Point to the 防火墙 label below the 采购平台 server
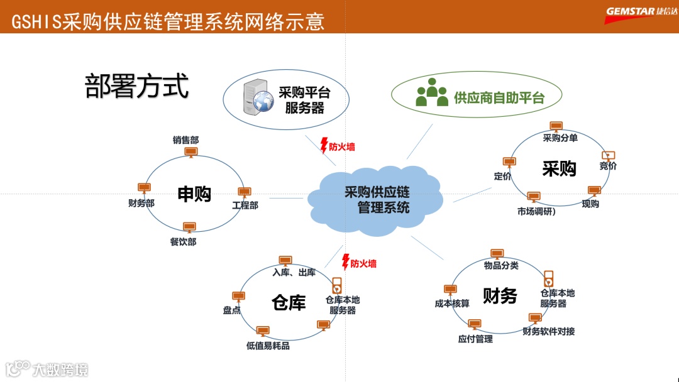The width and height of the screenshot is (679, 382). [342, 147]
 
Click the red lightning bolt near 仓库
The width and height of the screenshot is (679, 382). [345, 261]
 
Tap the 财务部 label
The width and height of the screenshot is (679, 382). [141, 203]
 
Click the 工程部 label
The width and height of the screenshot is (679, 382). [245, 205]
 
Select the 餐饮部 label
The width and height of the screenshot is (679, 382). [182, 242]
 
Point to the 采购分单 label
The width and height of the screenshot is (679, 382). [560, 138]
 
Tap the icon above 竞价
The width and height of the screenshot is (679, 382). [608, 156]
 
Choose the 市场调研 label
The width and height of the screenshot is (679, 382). [536, 211]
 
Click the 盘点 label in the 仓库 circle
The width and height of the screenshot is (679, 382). [232, 310]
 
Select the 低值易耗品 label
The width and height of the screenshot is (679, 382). [268, 346]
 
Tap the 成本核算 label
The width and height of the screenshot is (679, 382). [452, 303]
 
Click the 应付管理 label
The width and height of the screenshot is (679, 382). [475, 339]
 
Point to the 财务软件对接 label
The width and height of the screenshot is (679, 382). [548, 331]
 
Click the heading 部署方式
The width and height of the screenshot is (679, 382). [136, 86]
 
